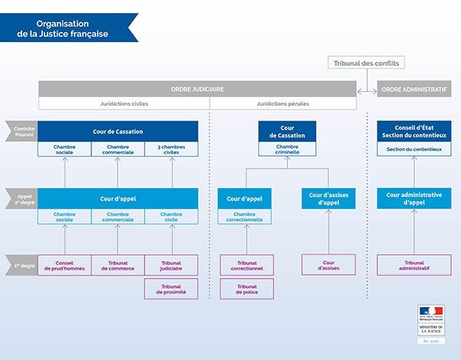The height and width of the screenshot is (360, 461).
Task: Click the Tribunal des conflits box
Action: click(366, 63)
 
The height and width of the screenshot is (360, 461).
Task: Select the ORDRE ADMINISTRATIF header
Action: click(413, 89)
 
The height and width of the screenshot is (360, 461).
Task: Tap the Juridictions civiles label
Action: click(124, 103)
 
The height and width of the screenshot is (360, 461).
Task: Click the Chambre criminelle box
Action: click(287, 149)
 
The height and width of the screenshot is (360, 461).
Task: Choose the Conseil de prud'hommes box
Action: click(65, 265)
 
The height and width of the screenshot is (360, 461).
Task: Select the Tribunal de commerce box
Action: click(118, 265)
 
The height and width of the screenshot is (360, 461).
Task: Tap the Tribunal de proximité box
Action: click(171, 289)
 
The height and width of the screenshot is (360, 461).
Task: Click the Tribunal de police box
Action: click(247, 289)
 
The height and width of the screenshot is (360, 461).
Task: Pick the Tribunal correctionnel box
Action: click(247, 265)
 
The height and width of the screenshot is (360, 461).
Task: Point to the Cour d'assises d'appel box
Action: click(328, 198)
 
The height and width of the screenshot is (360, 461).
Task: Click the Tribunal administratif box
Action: click(413, 265)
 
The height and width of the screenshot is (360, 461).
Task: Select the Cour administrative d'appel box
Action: click(413, 198)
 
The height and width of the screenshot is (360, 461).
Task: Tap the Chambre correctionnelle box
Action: click(247, 216)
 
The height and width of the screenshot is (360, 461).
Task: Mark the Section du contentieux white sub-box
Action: click(413, 149)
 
